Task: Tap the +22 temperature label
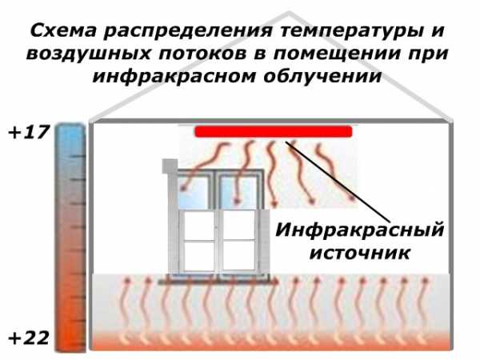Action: [26, 338]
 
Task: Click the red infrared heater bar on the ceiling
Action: [273, 131]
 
